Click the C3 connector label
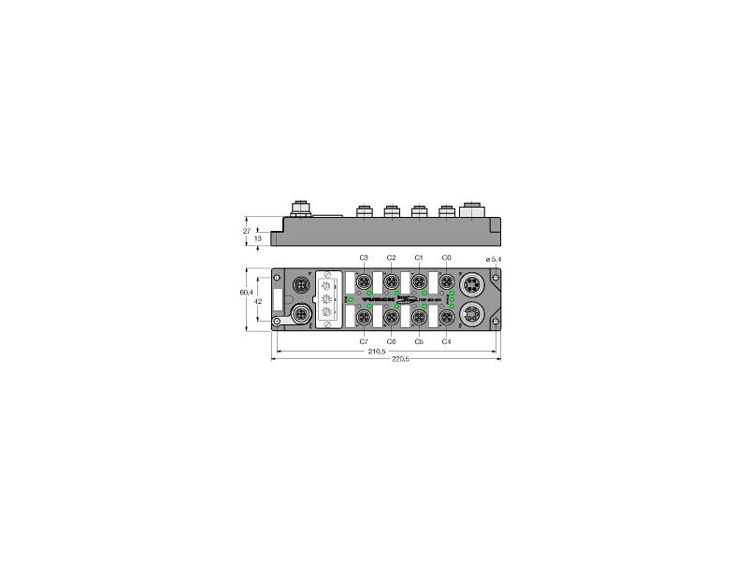click(x=364, y=257)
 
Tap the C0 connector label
click(x=446, y=257)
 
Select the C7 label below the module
click(x=364, y=341)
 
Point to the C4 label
click(x=446, y=341)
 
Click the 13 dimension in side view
click(x=258, y=239)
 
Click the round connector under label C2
click(x=391, y=280)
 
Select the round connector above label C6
click(x=391, y=318)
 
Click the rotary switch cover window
click(x=327, y=299)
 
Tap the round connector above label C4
click(x=446, y=318)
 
